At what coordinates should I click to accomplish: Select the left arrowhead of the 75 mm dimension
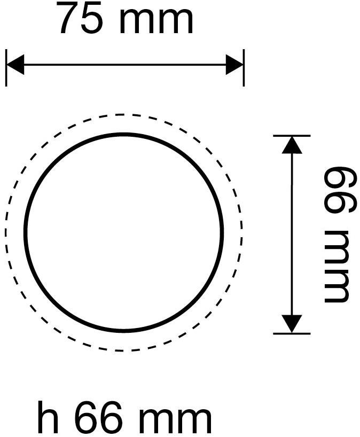(x=15, y=65)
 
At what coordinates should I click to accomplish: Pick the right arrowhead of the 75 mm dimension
(x=234, y=65)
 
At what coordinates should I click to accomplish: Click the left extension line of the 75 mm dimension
(x=6, y=68)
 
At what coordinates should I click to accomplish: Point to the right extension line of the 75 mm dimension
(x=244, y=68)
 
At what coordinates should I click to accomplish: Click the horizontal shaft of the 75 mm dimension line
(x=125, y=65)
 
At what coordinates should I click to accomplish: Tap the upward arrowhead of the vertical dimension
(x=292, y=145)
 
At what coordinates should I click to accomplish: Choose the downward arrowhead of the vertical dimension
(x=292, y=324)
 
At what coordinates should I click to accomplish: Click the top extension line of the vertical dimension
(x=292, y=136)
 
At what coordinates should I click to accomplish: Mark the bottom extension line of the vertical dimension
(x=292, y=333)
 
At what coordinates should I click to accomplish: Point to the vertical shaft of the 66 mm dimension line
(x=292, y=235)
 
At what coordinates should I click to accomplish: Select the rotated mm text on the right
(x=336, y=266)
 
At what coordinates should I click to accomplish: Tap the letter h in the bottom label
(x=48, y=416)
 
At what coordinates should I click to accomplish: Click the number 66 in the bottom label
(x=98, y=416)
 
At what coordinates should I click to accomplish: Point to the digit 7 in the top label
(x=69, y=18)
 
